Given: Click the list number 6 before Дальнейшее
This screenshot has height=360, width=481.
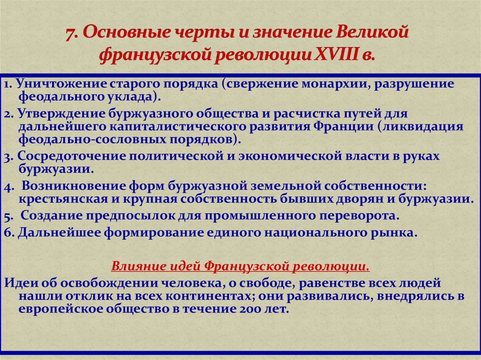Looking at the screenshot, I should point(8,233).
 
